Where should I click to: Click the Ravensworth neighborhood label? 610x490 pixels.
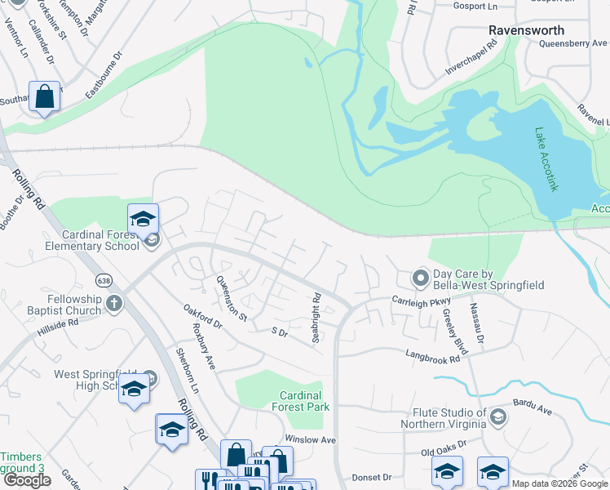(x=526, y=30)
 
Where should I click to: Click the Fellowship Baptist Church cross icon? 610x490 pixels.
(x=114, y=304)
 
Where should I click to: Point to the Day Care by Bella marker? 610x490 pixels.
(x=420, y=278)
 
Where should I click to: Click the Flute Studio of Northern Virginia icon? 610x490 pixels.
(x=498, y=418)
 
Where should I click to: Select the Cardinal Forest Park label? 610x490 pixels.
(x=300, y=401)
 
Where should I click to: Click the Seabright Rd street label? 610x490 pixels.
(x=316, y=317)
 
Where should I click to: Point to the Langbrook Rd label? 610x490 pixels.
(x=433, y=354)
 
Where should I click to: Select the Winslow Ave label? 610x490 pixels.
(x=310, y=439)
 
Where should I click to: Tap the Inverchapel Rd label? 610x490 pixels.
(x=471, y=59)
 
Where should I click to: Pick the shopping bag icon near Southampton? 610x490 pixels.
(x=45, y=96)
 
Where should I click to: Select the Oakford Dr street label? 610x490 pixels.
(x=203, y=317)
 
